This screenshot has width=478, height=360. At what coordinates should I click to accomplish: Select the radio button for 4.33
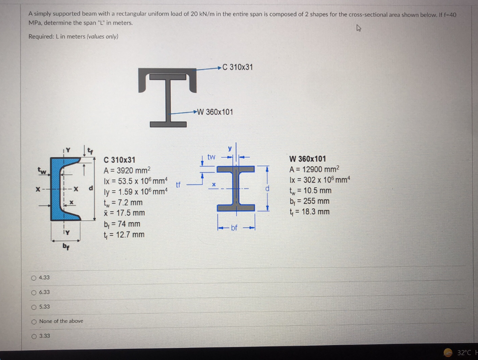34,278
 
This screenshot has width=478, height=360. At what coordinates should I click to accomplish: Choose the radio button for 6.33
34,292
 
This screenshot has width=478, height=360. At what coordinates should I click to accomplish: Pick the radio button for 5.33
34,307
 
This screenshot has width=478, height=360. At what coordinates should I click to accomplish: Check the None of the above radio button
34,321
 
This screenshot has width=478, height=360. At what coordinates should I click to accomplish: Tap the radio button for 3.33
34,336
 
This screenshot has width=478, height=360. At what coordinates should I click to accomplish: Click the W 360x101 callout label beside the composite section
215,112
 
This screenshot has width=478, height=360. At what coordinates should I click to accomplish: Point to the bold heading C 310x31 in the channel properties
119,160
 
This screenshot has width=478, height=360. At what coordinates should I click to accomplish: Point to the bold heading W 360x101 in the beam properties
308,159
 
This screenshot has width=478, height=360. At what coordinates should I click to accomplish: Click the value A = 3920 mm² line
127,170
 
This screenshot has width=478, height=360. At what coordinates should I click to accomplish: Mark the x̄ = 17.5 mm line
124,213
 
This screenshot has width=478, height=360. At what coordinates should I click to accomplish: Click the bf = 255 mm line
309,201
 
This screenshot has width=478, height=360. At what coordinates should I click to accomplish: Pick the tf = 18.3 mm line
309,212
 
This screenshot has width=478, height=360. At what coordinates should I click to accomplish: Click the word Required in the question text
40,37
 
